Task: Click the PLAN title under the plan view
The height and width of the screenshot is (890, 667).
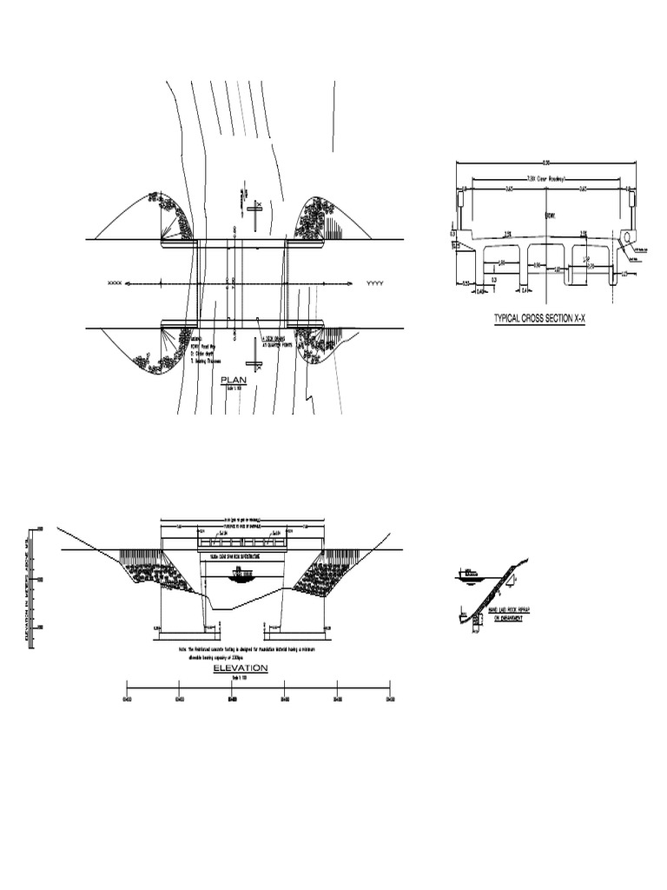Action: point(234,380)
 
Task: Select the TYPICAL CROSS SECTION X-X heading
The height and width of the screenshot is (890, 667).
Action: point(539,319)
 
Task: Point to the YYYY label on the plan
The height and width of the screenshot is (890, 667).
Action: point(375,283)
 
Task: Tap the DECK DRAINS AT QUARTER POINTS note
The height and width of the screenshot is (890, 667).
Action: point(276,342)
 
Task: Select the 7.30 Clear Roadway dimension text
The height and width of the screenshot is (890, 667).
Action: point(544,177)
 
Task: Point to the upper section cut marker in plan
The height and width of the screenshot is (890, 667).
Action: point(254,207)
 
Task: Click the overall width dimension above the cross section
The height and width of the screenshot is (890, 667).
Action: point(545,163)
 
